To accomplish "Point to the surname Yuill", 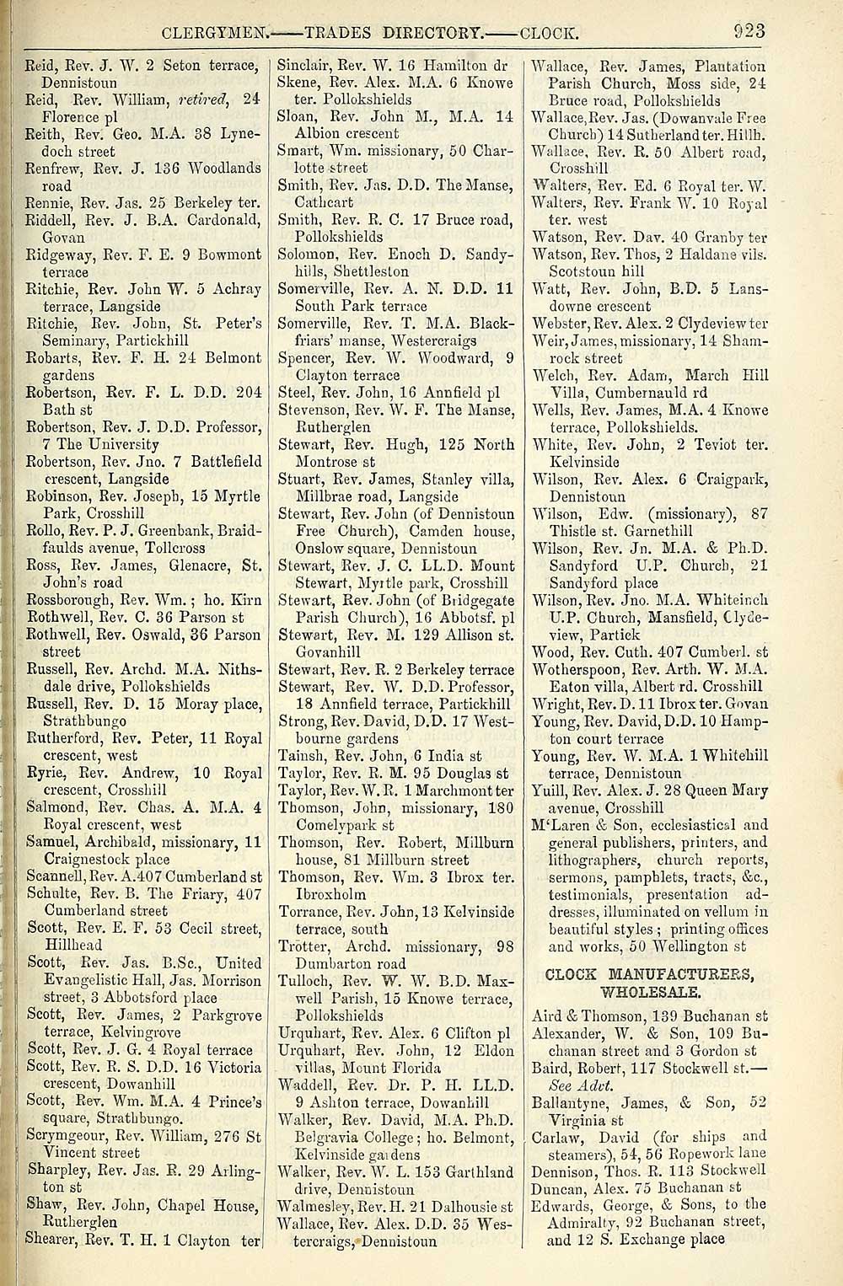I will (550, 790).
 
